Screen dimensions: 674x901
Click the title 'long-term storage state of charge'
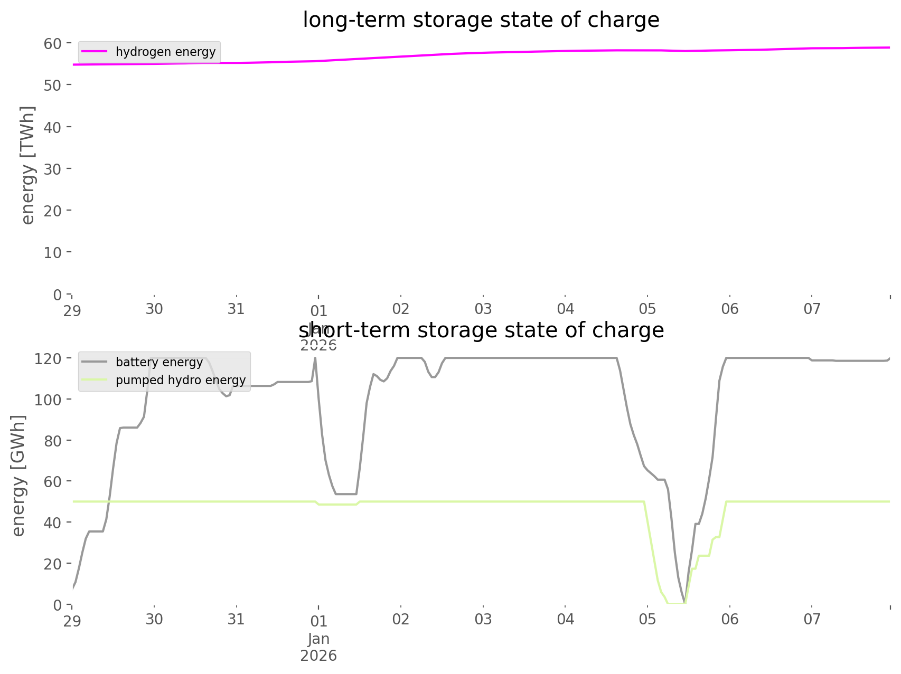[481, 20]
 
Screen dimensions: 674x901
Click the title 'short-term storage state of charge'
[481, 330]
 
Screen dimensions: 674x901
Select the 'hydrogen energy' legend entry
[165, 52]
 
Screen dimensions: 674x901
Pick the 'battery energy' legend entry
[159, 362]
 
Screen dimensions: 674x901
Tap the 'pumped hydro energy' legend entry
[181, 380]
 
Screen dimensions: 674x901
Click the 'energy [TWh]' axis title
[28, 165]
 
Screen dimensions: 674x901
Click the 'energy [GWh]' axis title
[18, 476]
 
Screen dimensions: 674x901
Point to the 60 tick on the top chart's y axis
[53, 43]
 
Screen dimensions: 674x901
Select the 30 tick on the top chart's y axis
[53, 169]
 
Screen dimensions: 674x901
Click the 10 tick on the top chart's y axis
[53, 252]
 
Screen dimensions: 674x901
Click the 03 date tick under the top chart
[483, 309]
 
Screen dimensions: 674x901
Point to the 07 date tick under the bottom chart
[812, 619]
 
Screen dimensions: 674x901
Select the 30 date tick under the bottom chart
[154, 619]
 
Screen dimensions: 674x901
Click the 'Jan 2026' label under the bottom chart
[318, 647]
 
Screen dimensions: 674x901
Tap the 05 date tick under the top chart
[647, 309]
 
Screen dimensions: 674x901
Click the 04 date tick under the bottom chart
[566, 619]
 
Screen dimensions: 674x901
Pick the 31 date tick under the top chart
[236, 309]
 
